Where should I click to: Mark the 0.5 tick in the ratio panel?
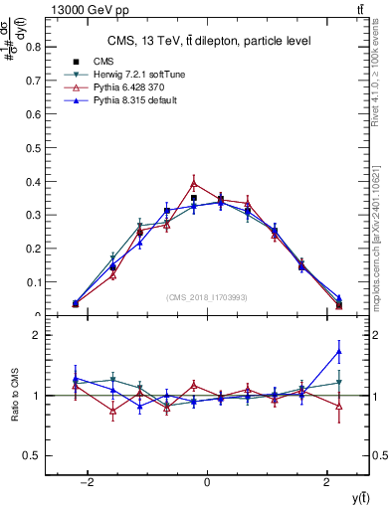[x=37, y=455]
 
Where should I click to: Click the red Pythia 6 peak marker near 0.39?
[x=194, y=183]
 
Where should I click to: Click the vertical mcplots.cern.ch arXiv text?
[x=381, y=224]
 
